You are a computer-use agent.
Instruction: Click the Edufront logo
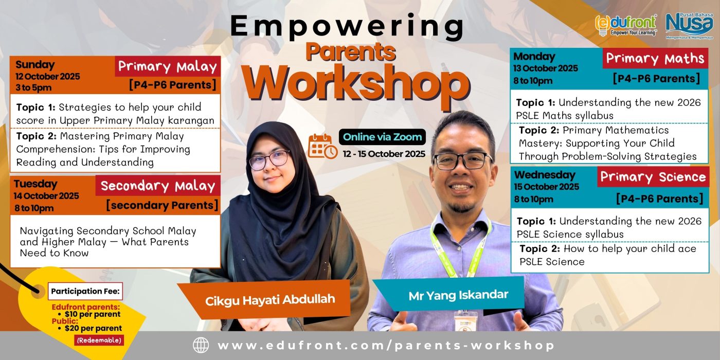click(x=625, y=25)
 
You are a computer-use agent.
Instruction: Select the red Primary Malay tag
click(x=168, y=66)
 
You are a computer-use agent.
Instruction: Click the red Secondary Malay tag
click(x=158, y=186)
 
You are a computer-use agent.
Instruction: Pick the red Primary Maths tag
click(x=655, y=58)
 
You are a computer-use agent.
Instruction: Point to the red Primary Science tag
click(x=653, y=177)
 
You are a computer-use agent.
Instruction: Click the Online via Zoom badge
click(x=382, y=137)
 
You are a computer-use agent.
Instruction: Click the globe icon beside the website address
click(x=201, y=345)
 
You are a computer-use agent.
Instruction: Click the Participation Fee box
click(x=85, y=291)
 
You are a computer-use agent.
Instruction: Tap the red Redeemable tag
click(x=99, y=340)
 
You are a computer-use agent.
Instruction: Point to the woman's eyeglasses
click(x=269, y=160)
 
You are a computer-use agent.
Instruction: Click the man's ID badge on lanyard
click(x=466, y=320)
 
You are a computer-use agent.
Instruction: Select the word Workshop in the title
click(x=356, y=84)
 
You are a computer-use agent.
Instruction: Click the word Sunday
click(x=35, y=65)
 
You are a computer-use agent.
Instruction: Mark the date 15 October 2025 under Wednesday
click(x=546, y=186)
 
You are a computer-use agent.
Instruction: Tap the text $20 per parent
click(x=93, y=328)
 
